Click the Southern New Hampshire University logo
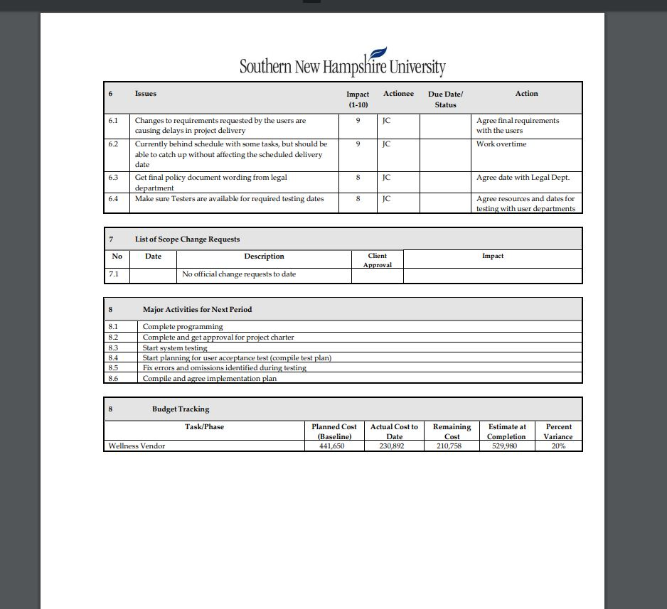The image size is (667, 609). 342,65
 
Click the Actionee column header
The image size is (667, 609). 398,94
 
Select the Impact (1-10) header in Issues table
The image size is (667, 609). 358,99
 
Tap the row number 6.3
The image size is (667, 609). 114,178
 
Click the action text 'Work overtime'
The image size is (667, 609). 501,144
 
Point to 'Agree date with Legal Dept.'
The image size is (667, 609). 523,178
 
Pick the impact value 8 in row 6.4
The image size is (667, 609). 358,199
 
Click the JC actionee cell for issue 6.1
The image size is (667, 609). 386,121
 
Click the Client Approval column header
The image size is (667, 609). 378,260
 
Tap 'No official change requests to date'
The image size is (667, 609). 239,274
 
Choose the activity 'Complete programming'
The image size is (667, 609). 183,327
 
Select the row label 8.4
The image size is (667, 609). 113,358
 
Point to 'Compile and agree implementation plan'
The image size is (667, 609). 210,379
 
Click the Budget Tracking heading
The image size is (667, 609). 181,409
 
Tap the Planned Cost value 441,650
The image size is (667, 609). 334,446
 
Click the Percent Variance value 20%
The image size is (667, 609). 558,446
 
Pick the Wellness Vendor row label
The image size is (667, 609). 137,446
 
